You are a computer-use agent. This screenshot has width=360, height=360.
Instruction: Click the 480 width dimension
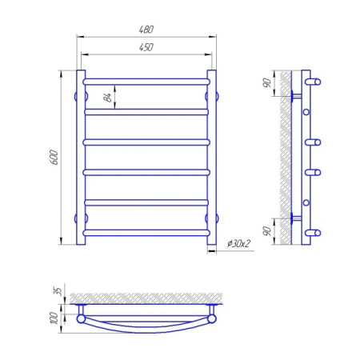click(146, 29)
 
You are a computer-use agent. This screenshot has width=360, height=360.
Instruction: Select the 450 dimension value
click(146, 47)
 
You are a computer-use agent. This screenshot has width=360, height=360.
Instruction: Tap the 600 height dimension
click(54, 158)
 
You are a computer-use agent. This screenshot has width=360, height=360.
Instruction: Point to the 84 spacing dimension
click(107, 97)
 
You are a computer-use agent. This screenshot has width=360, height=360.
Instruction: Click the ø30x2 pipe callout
click(238, 243)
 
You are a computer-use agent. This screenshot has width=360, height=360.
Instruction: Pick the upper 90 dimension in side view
click(266, 83)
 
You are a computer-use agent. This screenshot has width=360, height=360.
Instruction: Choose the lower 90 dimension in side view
click(266, 231)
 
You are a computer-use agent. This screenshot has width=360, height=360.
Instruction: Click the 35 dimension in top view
click(58, 291)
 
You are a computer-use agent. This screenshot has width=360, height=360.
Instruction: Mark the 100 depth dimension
click(54, 318)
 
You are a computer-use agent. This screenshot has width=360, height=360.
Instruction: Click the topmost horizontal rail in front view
click(146, 82)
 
